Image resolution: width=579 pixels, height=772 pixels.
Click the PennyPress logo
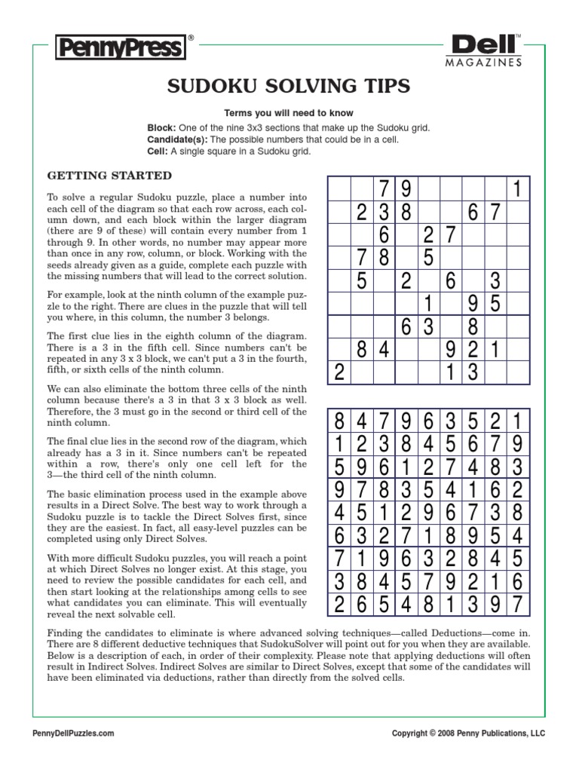120,49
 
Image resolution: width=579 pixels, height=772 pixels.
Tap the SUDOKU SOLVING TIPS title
289,87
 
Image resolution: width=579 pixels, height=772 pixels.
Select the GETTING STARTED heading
110,176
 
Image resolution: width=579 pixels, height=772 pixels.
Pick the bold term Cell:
157,152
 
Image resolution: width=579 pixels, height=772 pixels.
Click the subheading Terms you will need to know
289,112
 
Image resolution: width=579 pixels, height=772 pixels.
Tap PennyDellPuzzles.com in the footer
75,733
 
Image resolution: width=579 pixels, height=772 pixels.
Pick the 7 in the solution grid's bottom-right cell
518,603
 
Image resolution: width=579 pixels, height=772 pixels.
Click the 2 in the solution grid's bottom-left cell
339,603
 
